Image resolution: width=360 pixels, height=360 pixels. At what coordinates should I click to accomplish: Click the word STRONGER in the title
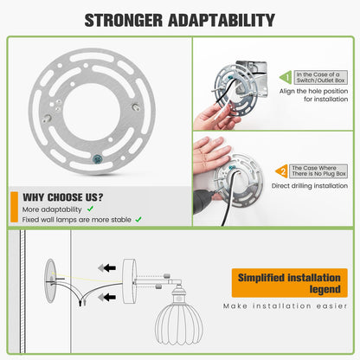[x=124, y=20]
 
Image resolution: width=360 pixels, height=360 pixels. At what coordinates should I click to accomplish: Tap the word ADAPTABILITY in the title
[x=222, y=20]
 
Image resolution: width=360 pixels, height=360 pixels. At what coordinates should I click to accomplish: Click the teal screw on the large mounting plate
[x=97, y=158]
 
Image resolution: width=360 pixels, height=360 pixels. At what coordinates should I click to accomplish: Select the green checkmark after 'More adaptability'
[x=90, y=209]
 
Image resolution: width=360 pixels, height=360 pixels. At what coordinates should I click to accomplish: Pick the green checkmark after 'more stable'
[x=138, y=220]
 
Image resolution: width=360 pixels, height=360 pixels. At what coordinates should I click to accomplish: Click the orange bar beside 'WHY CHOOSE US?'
[x=14, y=207]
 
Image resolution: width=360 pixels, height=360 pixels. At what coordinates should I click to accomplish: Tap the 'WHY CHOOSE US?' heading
[x=63, y=197]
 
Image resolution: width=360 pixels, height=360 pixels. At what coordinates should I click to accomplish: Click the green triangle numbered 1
[x=286, y=77]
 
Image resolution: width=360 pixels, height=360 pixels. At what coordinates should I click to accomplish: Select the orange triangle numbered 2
[x=281, y=171]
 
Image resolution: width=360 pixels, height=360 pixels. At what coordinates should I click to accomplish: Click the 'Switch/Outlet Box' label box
[x=320, y=77]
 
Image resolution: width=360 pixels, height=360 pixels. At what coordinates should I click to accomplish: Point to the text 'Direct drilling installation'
[x=310, y=186]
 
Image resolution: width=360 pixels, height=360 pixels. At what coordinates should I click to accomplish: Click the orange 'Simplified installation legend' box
[x=289, y=283]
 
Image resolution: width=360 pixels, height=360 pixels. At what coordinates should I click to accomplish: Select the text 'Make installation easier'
[x=285, y=305]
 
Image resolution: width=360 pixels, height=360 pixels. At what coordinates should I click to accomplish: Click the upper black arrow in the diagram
[x=110, y=268]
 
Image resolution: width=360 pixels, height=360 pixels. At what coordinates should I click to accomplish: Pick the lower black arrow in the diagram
[x=110, y=297]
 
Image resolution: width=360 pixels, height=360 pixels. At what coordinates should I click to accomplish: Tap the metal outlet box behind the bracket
[x=252, y=77]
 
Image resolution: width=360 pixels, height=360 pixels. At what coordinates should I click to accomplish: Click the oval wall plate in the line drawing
[x=50, y=280]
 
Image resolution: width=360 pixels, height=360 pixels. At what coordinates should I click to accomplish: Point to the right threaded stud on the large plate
[x=136, y=106]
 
